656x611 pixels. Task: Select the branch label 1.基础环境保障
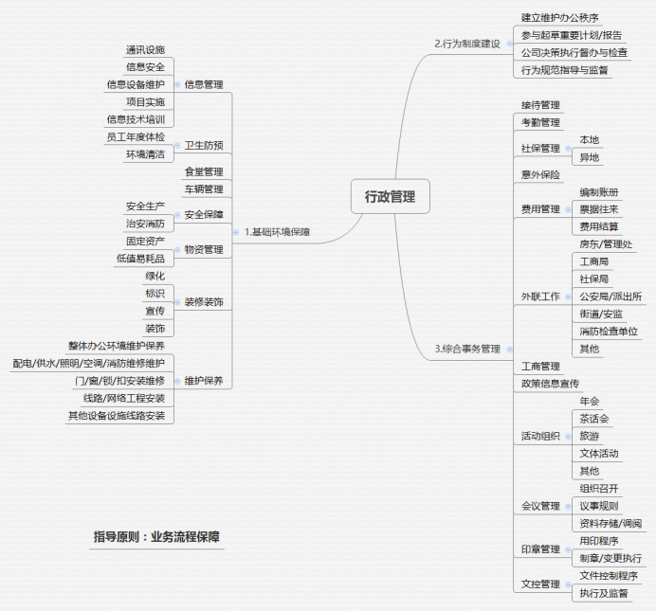(x=277, y=231)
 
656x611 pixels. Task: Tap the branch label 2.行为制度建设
(x=466, y=44)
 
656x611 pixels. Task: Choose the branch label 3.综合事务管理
(x=466, y=349)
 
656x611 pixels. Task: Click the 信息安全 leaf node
(x=145, y=66)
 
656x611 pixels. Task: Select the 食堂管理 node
(x=204, y=171)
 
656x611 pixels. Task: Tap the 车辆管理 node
(x=204, y=189)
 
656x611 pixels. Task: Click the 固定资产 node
(x=145, y=241)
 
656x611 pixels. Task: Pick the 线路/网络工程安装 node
(x=123, y=398)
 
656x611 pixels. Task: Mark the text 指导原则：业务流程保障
(x=157, y=537)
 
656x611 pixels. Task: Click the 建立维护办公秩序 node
(x=559, y=17)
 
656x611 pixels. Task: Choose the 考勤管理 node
(x=540, y=122)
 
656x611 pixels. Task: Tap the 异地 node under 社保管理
(x=589, y=157)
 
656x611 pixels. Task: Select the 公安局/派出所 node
(x=610, y=297)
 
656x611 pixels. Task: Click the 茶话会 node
(x=593, y=419)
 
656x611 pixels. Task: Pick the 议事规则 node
(x=598, y=506)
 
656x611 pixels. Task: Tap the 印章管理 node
(x=540, y=548)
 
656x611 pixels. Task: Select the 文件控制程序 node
(x=608, y=575)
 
